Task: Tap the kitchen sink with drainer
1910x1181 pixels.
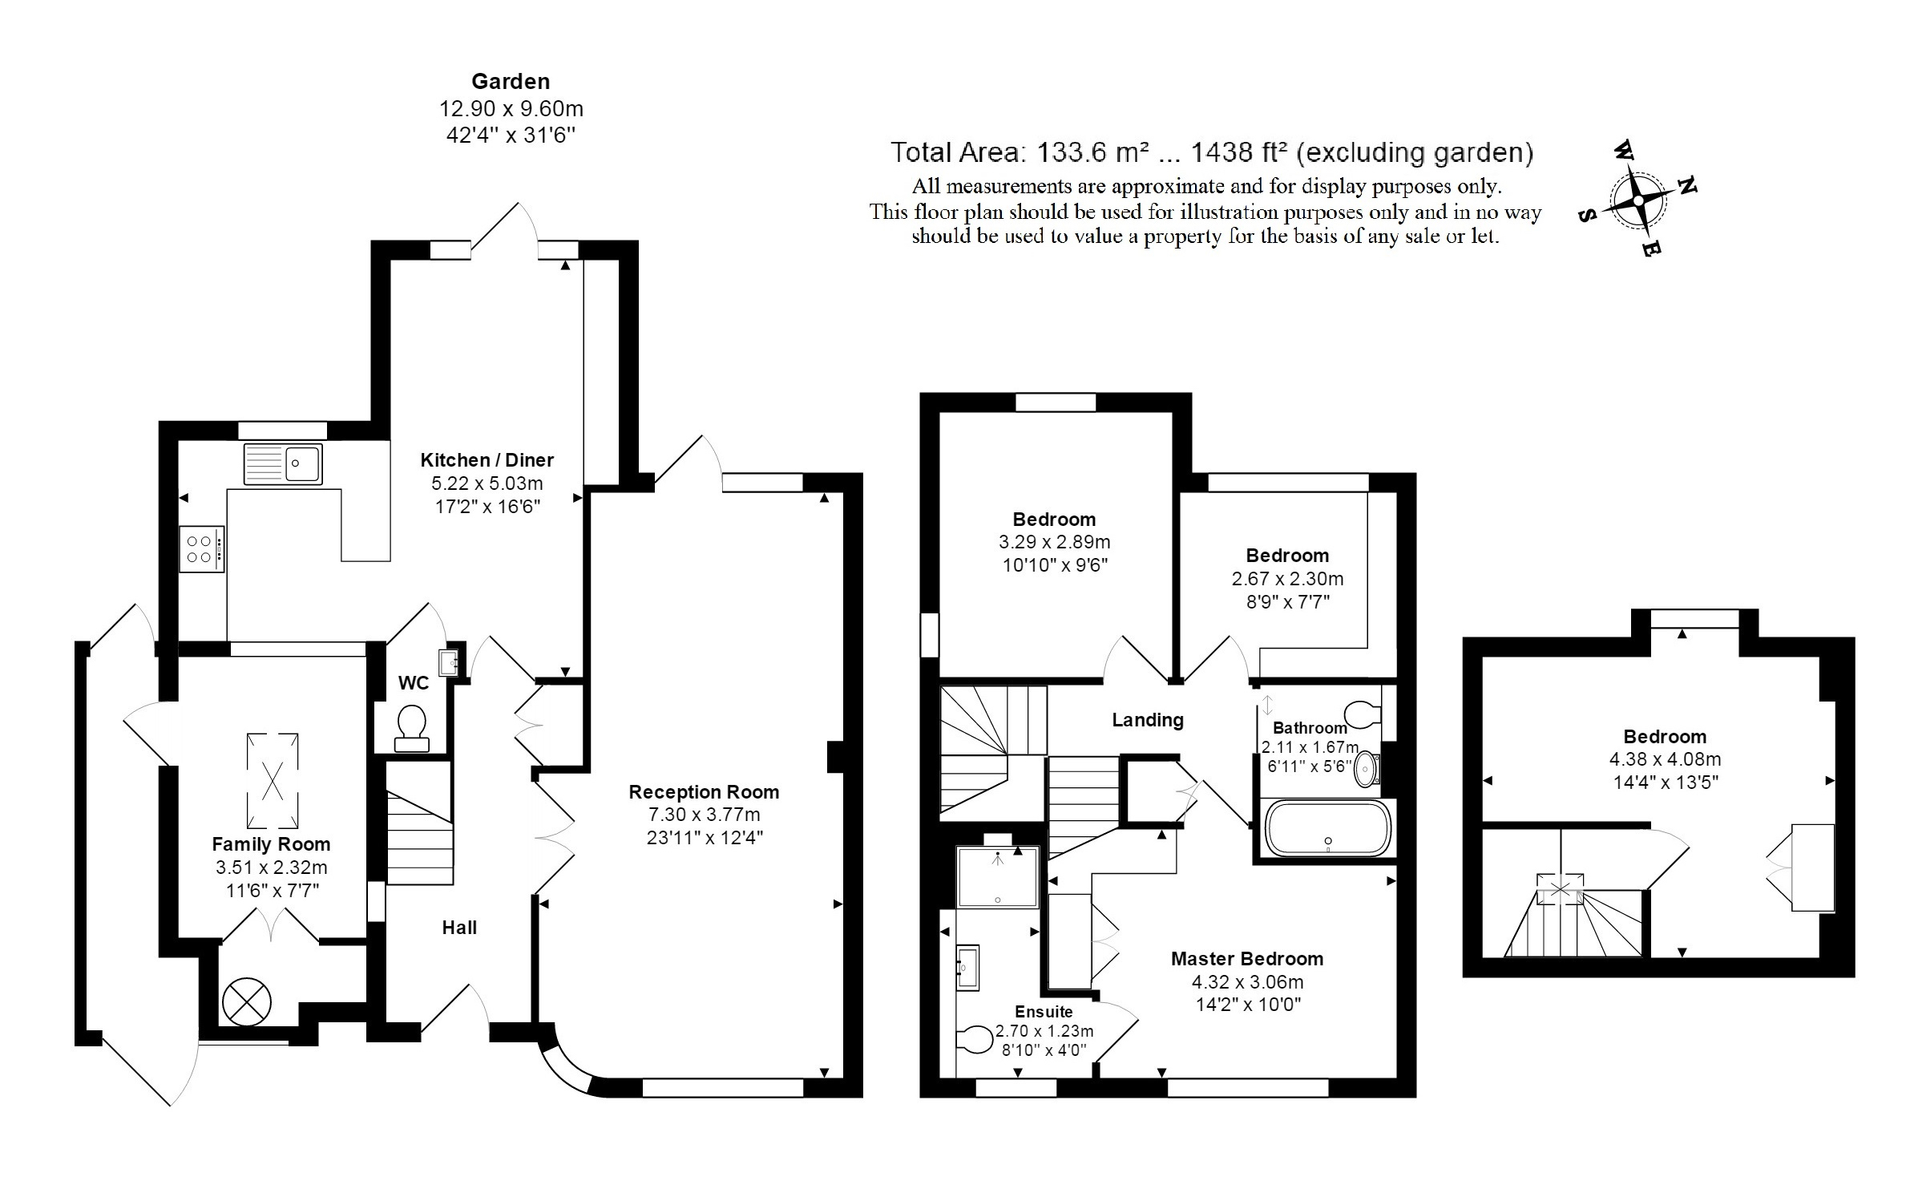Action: tap(283, 463)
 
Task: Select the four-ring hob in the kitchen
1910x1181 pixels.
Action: tap(201, 548)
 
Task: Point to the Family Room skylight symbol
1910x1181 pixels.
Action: tap(273, 779)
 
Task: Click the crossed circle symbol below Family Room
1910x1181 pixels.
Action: tap(247, 1001)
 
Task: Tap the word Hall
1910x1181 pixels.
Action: tap(459, 928)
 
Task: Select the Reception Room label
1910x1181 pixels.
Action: tap(704, 792)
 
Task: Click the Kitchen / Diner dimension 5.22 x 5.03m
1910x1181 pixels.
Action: tap(487, 483)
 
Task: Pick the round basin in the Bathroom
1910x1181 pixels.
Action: tap(1367, 770)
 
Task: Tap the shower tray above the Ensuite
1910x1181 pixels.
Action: tap(997, 877)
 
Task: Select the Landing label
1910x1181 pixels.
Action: tap(1147, 720)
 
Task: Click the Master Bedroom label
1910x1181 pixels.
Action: tap(1246, 959)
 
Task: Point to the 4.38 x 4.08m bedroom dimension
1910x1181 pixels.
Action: tap(1665, 758)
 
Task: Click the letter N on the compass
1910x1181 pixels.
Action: tap(1687, 186)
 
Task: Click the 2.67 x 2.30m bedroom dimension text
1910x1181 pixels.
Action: tap(1287, 578)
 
